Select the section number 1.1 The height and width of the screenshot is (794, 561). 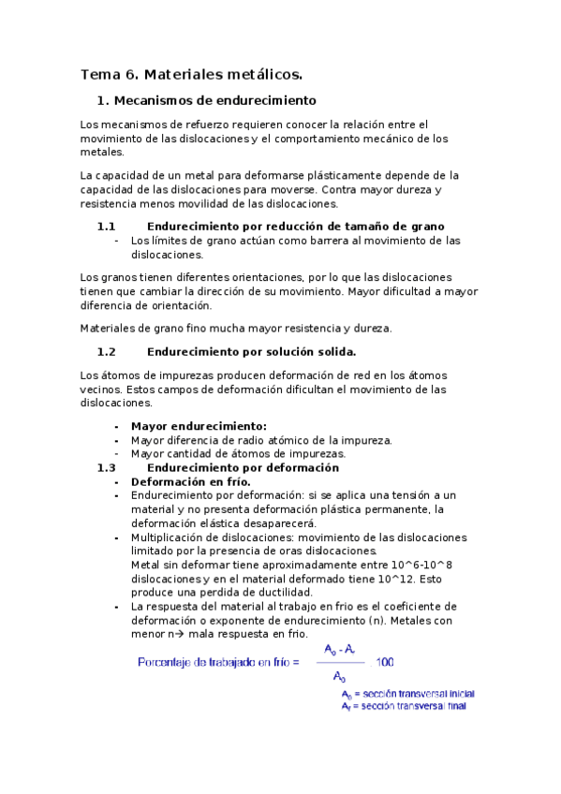coord(106,226)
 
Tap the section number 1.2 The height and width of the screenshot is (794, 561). coord(106,352)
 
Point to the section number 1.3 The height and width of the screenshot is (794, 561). coord(106,467)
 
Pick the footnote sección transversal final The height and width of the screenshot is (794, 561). coord(412,706)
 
